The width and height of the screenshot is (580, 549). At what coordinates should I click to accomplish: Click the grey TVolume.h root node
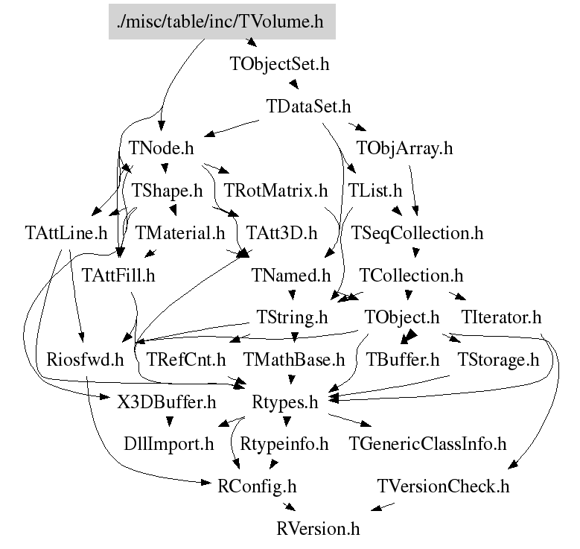220,22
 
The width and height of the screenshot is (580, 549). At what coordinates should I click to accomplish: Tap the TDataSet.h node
308,106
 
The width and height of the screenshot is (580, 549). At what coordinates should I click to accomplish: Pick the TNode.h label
161,147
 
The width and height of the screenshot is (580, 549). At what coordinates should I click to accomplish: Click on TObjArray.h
404,147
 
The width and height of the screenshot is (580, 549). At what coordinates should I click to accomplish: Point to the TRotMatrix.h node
275,191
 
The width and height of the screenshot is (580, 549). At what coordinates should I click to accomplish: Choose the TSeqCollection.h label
417,233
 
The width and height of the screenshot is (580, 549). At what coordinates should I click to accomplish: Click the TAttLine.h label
65,233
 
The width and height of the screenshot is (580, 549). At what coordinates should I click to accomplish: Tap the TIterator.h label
500,318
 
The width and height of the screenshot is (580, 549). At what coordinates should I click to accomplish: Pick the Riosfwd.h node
84,361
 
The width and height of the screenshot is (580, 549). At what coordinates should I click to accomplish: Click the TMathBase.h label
293,361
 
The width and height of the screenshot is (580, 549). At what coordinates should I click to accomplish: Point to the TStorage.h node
497,361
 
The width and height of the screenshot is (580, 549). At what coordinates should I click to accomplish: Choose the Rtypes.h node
286,403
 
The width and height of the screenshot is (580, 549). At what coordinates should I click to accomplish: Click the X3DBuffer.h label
167,403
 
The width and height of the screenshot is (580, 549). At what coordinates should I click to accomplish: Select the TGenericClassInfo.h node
427,445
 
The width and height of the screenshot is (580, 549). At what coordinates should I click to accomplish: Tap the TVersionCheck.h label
443,487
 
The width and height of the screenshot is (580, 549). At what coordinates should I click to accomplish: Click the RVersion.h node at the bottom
317,530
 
